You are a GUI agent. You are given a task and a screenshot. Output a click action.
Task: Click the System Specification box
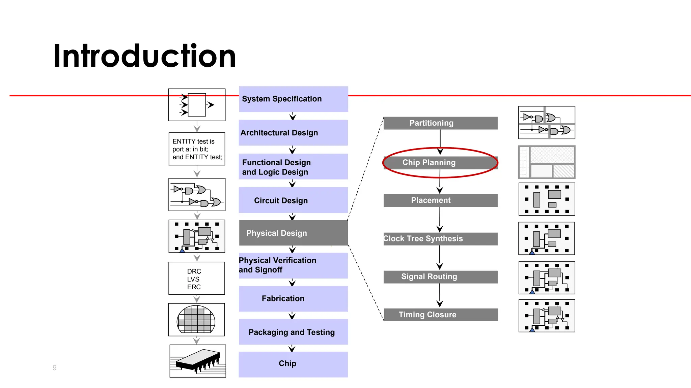coord(293,99)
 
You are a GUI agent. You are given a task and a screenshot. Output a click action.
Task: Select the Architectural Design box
coord(293,133)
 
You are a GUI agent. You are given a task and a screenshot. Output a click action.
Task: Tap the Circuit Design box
coord(293,200)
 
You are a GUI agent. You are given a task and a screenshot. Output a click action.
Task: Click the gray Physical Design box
coord(293,233)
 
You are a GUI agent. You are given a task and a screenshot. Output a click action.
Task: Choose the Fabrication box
coord(293,299)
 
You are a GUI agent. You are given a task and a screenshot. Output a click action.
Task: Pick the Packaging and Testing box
coord(293,332)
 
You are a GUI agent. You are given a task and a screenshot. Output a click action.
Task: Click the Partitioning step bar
coord(440,123)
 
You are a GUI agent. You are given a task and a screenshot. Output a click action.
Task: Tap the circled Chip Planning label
coord(429,163)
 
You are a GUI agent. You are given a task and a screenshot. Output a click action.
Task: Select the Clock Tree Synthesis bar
coord(440,239)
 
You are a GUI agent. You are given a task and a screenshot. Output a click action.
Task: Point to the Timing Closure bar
coord(440,315)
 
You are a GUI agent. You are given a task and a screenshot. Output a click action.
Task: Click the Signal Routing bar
coord(440,277)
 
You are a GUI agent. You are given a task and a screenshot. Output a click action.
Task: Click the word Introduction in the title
coord(144,56)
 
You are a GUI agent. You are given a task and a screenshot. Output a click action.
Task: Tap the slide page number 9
coord(55,368)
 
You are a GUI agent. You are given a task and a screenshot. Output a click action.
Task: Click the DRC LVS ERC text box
coord(197,279)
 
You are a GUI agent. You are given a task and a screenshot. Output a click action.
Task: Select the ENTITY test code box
coord(197,149)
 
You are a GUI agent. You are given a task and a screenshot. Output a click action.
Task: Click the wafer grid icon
coord(196,319)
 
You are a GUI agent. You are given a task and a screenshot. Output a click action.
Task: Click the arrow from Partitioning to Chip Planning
coord(440,141)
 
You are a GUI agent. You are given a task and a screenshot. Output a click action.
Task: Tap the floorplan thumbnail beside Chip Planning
coord(547,162)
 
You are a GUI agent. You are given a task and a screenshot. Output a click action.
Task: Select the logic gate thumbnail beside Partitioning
coord(547,123)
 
